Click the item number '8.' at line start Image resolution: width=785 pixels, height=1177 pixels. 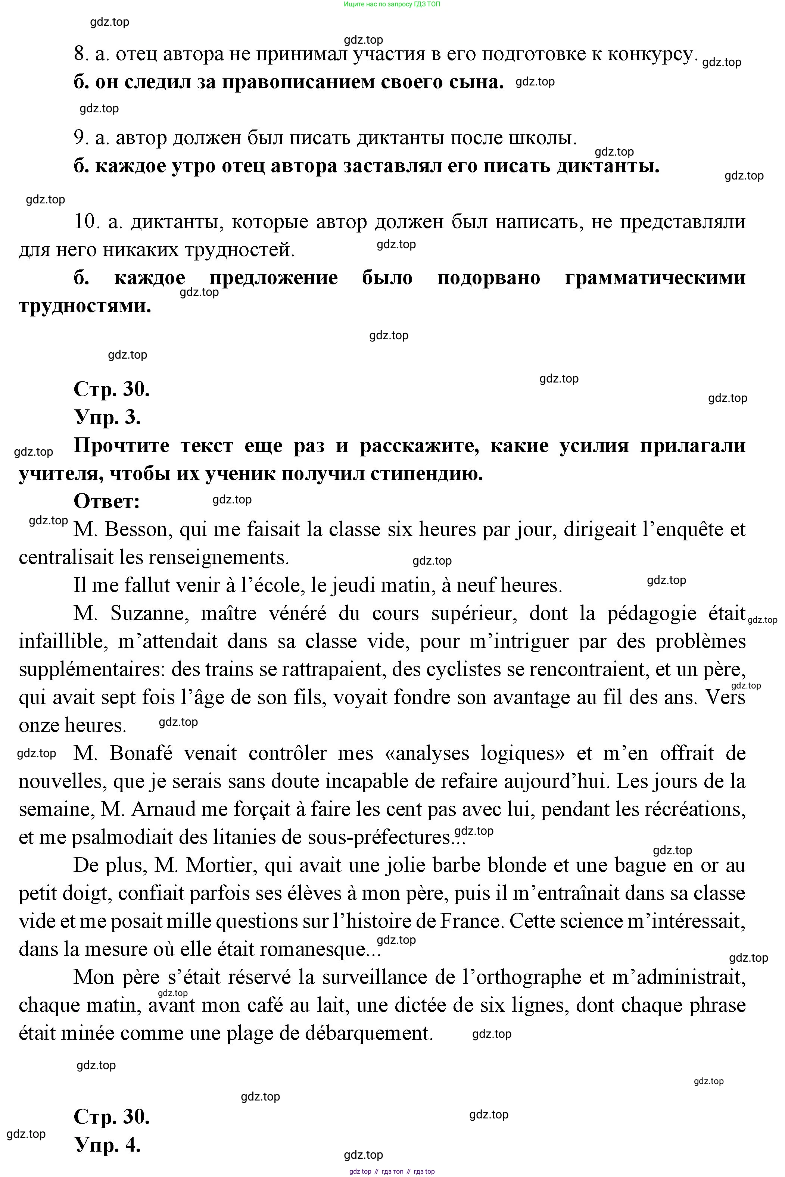(81, 53)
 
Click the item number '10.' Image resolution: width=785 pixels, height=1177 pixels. (88, 221)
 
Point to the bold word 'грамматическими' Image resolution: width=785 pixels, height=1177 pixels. (655, 278)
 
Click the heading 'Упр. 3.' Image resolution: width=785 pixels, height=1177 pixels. (107, 417)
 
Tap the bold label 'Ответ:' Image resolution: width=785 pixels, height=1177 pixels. (107, 501)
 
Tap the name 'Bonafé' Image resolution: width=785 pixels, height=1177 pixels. (141, 753)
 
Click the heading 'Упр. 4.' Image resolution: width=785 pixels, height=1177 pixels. (107, 1145)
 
